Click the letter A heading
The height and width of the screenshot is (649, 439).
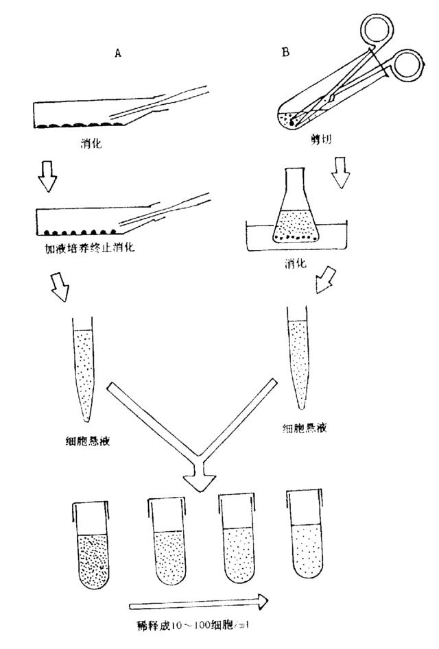tap(117, 56)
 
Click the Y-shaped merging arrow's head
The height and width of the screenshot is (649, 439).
tap(201, 483)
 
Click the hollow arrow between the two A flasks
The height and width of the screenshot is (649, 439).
tap(47, 179)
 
